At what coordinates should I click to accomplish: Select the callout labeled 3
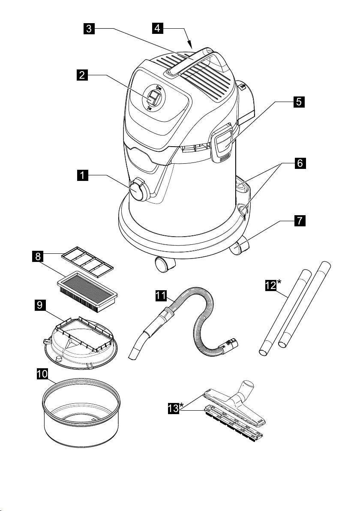[89, 29]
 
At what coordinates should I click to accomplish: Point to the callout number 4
[158, 29]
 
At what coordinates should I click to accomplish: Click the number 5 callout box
[299, 102]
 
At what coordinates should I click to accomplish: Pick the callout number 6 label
[299, 164]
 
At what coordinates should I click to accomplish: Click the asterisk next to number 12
[279, 282]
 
